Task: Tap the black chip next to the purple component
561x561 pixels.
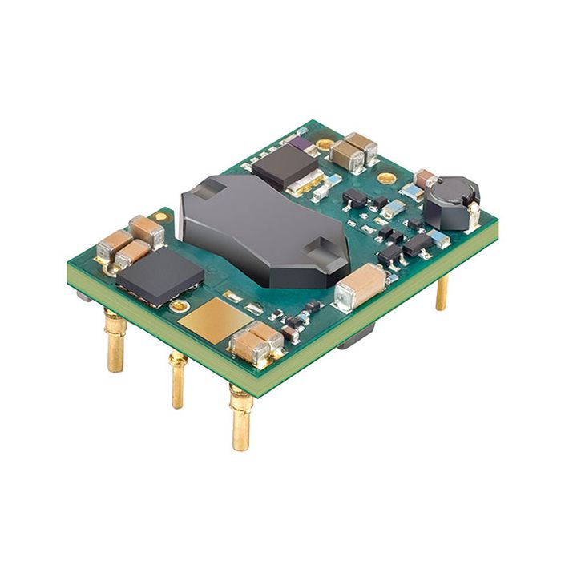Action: pyautogui.click(x=285, y=167)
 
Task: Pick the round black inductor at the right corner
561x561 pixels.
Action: pyautogui.click(x=451, y=202)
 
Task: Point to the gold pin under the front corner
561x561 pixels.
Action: pyautogui.click(x=241, y=417)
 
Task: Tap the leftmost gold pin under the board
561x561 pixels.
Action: pyautogui.click(x=115, y=341)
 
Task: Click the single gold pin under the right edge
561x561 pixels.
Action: pyautogui.click(x=442, y=293)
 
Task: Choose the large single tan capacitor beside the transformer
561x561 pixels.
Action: pyautogui.click(x=360, y=287)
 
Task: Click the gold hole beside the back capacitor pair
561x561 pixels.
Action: pyautogui.click(x=325, y=145)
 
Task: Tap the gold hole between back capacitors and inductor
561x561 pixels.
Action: pyautogui.click(x=386, y=177)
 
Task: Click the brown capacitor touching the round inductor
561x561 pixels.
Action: pyautogui.click(x=425, y=178)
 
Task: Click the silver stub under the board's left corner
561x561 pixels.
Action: pyautogui.click(x=83, y=294)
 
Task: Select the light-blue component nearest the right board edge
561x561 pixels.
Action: pyautogui.click(x=439, y=238)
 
